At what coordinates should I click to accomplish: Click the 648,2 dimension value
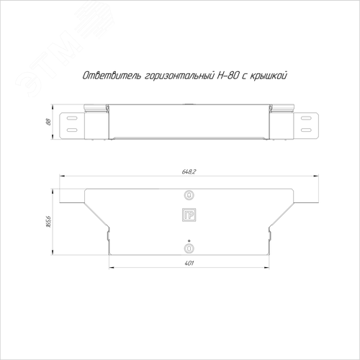189,171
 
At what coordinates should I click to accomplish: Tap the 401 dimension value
189,264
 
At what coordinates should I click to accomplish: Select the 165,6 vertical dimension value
48,222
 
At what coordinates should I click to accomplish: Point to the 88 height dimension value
48,122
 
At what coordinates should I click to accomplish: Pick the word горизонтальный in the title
179,76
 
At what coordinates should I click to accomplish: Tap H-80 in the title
228,76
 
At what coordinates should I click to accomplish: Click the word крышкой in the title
269,76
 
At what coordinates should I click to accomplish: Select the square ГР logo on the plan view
189,215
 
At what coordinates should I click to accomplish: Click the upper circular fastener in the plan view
189,195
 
